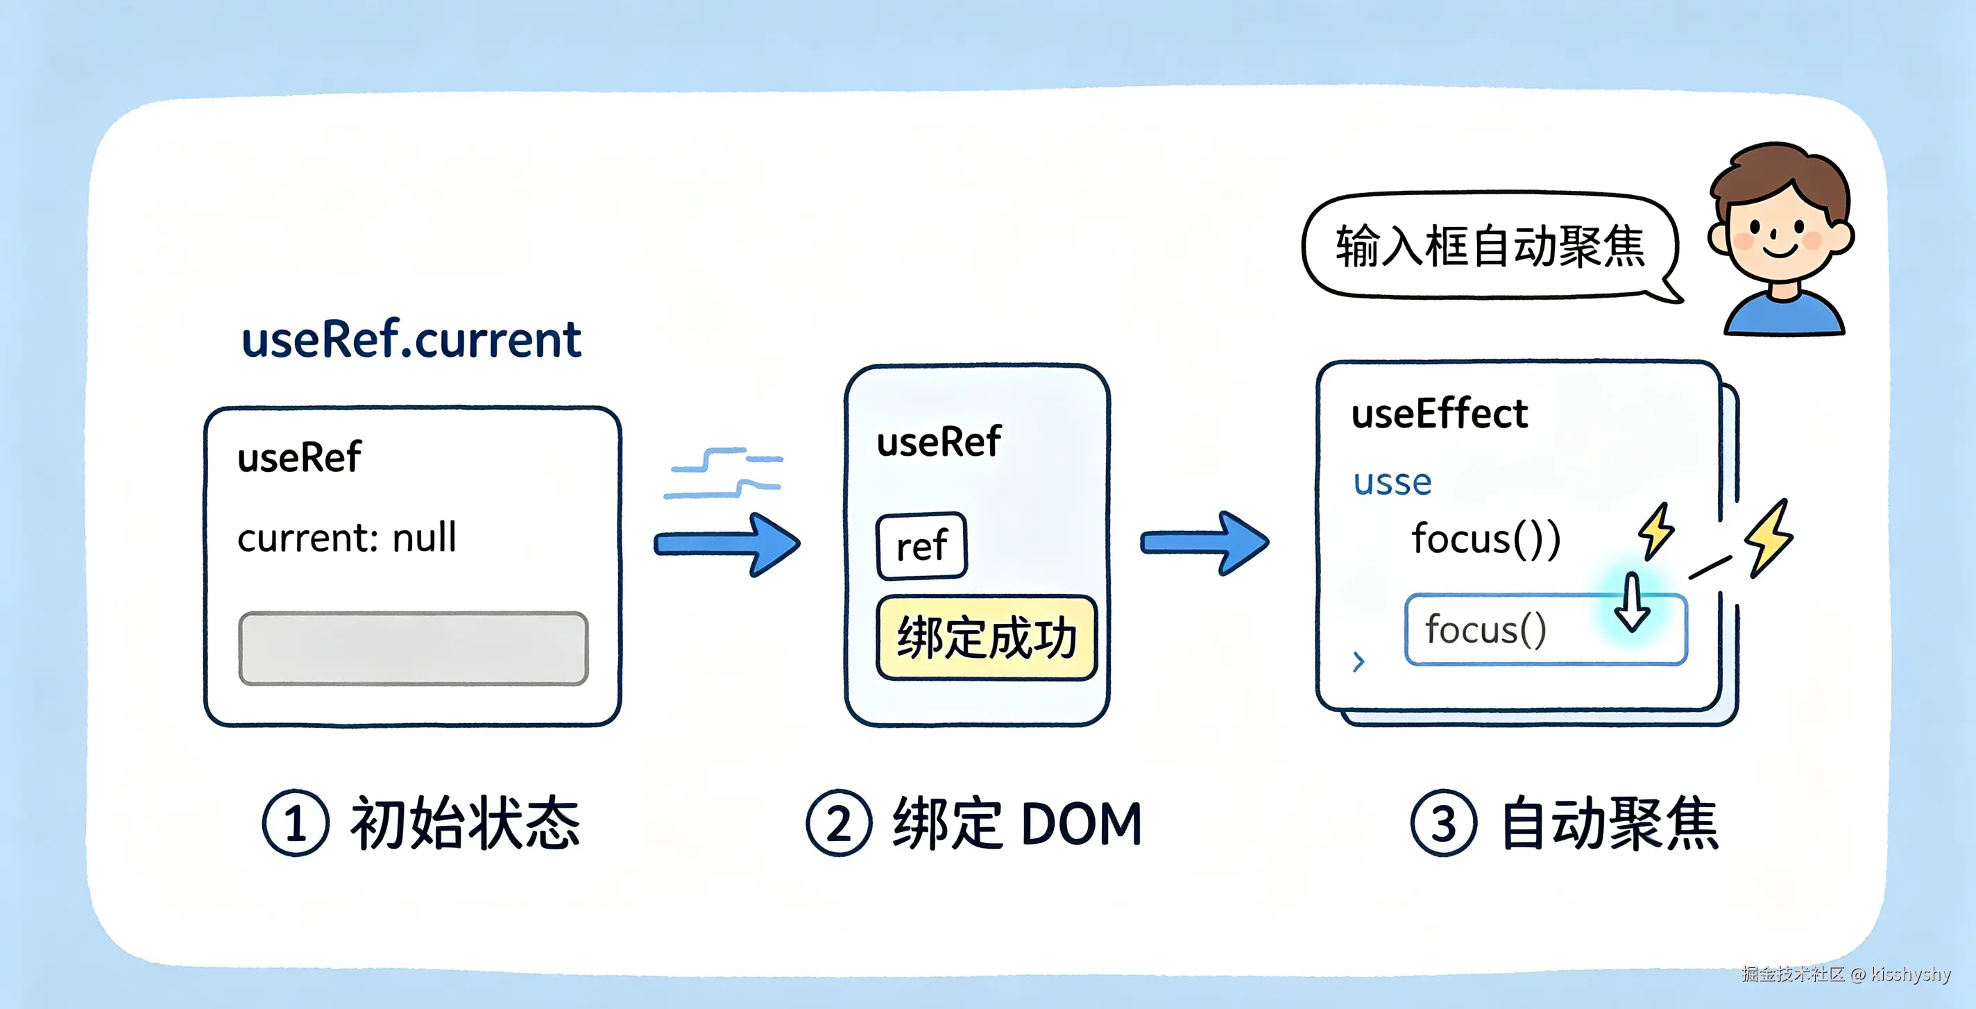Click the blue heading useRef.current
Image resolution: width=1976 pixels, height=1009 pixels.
[x=411, y=340]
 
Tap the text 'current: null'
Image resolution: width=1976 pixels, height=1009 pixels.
[x=347, y=537]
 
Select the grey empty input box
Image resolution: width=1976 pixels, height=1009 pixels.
[x=414, y=648]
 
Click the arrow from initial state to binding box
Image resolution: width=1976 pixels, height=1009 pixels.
[x=727, y=545]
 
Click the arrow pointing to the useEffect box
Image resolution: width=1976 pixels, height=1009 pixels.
[x=1205, y=543]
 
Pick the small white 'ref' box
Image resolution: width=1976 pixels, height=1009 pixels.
[x=921, y=545]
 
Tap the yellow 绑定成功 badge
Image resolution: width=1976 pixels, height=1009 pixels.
[x=987, y=638]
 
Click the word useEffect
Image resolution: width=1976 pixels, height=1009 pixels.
[x=1439, y=414]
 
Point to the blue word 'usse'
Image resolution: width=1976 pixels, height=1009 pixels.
[x=1392, y=482]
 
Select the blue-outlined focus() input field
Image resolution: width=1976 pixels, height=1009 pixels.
[x=1546, y=629]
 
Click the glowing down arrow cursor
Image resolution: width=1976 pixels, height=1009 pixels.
[x=1632, y=603]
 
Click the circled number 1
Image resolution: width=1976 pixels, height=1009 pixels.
[x=296, y=823]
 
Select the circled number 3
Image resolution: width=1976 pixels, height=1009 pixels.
[x=1444, y=823]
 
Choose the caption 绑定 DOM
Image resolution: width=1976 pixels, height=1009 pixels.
[x=1017, y=823]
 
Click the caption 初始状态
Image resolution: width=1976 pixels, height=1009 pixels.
[x=465, y=823]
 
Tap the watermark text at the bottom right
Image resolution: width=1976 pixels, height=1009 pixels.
[x=1845, y=974]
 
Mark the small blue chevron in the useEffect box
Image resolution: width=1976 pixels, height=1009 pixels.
[x=1358, y=661]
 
